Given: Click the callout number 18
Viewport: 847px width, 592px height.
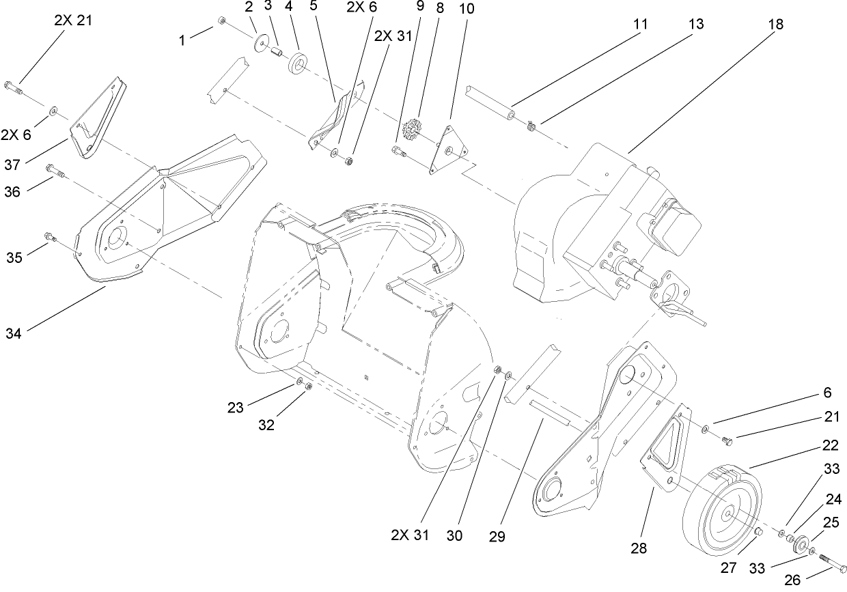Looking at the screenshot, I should click(775, 24).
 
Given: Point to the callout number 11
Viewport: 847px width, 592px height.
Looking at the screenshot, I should click(639, 24).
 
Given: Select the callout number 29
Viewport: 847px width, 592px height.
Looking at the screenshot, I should click(497, 537).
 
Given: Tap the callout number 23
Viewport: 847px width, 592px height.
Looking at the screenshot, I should click(236, 408).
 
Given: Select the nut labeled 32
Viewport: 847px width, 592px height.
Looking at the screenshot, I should click(309, 386).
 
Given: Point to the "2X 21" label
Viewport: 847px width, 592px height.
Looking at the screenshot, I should click(73, 20).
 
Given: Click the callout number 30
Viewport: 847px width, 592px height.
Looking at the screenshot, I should click(454, 537).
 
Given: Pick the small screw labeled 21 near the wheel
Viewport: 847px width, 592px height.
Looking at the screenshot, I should click(727, 442).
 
